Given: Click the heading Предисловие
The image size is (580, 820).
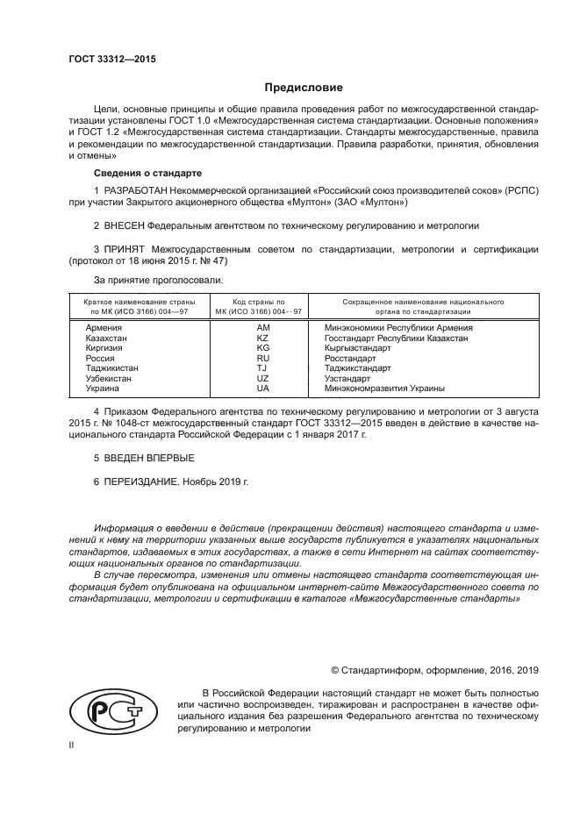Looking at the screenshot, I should (304, 88).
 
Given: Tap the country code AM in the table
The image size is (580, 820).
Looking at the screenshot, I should (262, 328).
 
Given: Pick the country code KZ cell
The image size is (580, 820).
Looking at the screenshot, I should (262, 338).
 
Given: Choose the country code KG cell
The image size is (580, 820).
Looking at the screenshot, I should (262, 348).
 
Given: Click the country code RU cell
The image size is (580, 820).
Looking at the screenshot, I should (262, 359).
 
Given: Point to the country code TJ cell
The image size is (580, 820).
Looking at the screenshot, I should (262, 368).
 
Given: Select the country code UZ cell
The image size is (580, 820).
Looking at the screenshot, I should (262, 379).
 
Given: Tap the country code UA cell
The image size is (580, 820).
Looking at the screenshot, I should (262, 389).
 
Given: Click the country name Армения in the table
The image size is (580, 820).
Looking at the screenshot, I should (104, 328).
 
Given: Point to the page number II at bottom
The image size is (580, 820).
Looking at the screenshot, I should (72, 744).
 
